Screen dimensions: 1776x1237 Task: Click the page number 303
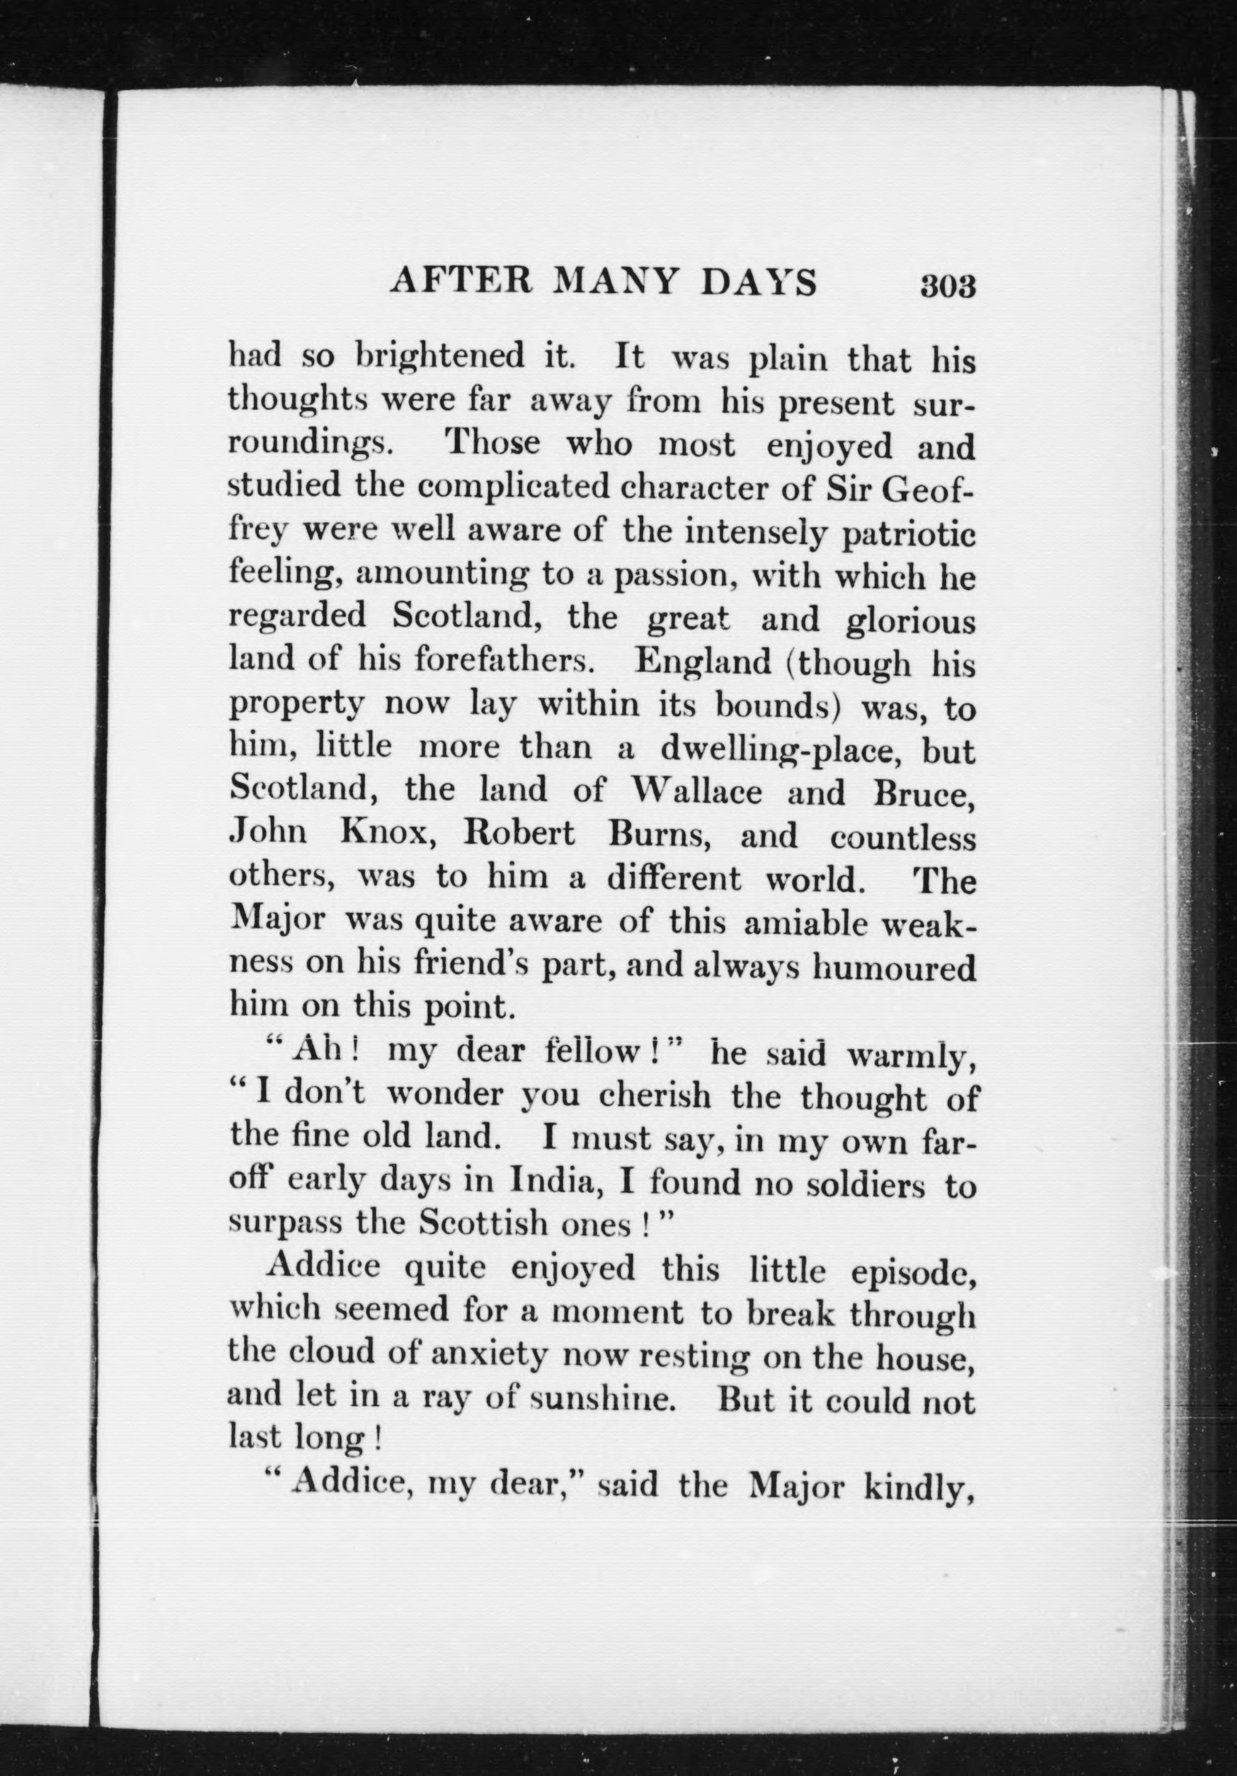coord(947,286)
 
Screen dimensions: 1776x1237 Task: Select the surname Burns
coord(664,835)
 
